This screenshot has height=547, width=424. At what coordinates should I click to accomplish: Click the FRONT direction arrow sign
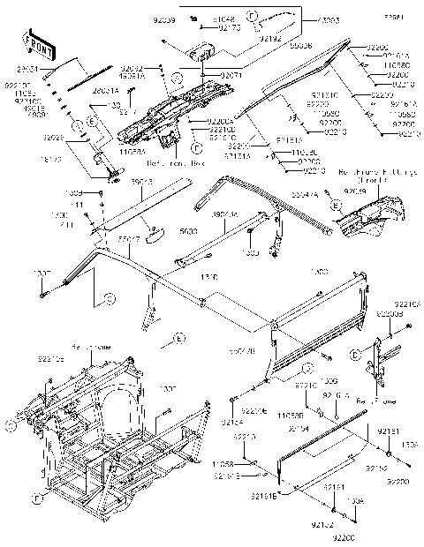[36, 41]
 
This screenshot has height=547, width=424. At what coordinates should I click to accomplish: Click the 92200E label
[254, 412]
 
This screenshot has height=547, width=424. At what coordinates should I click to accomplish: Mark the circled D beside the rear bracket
[378, 355]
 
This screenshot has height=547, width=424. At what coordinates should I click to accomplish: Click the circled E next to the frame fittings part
[336, 204]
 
